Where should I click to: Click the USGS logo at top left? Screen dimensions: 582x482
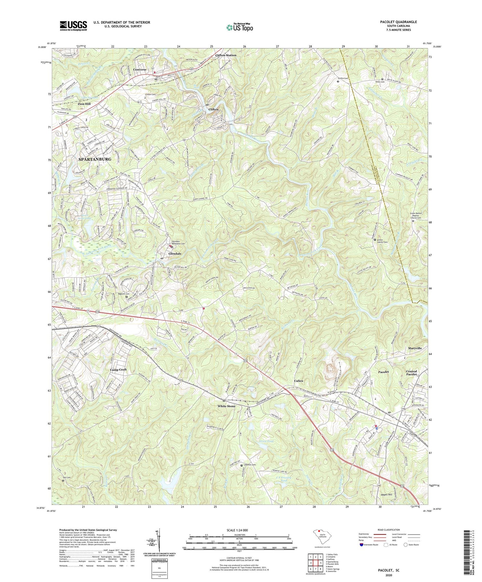[73, 26]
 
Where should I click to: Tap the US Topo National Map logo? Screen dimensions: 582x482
[239, 27]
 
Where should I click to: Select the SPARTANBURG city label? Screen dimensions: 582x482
[95, 159]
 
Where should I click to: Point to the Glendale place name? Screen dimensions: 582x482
[175, 254]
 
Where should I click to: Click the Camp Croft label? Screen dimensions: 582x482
[119, 369]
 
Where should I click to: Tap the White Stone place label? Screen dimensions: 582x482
[227, 406]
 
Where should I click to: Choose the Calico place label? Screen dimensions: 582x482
[299, 381]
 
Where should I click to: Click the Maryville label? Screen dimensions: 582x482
[415, 348]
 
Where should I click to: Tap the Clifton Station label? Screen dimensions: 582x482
[226, 55]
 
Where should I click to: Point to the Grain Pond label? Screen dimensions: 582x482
[266, 441]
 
